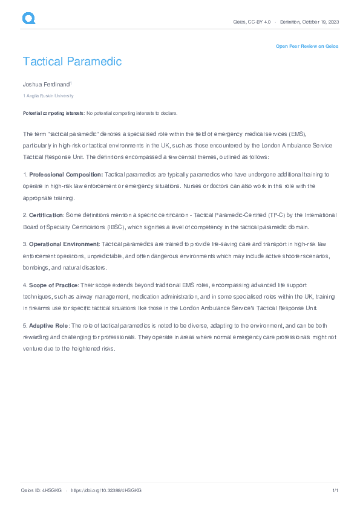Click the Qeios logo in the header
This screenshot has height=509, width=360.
[x=28, y=19]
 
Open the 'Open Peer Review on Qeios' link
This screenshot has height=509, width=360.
[x=307, y=46]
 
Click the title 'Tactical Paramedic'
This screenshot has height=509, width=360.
[x=72, y=62]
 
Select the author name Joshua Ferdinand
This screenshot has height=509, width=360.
[x=46, y=84]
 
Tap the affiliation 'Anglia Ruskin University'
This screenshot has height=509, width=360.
[x=50, y=96]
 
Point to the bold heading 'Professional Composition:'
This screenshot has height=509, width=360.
[x=66, y=174]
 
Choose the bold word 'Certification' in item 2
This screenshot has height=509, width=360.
[x=46, y=215]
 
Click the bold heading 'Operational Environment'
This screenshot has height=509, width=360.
[x=64, y=244]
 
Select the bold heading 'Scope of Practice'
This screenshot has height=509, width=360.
[x=54, y=285]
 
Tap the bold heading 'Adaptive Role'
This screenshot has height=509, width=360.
[x=48, y=326]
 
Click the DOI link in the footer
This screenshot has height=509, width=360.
[x=106, y=490]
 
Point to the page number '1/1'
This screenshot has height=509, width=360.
[x=335, y=490]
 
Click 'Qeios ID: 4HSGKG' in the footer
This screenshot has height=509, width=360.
[x=41, y=490]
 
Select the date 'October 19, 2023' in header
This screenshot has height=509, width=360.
[x=322, y=22]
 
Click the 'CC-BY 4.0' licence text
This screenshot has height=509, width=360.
[x=260, y=22]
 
